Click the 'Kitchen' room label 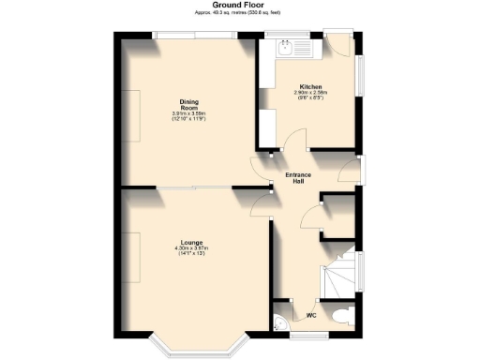tap(310, 85)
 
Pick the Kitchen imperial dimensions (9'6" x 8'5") tap(310, 99)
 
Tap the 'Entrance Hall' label tap(298, 178)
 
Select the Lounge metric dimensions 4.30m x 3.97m tap(192, 248)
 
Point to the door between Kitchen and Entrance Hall tap(292, 142)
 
